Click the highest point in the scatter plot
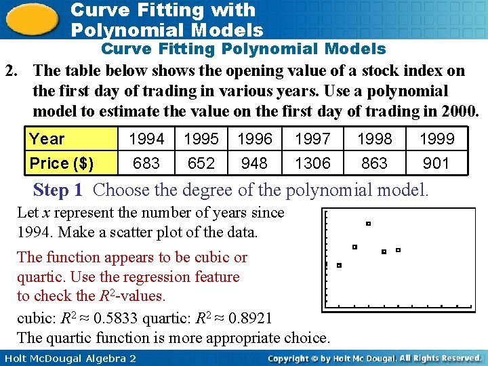(368, 223)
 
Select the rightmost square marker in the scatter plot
(398, 250)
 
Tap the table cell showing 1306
(312, 163)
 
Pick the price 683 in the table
(146, 163)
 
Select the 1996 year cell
(255, 140)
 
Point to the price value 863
(375, 163)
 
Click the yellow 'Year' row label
(47, 140)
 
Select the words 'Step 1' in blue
(60, 190)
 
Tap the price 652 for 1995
(201, 163)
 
